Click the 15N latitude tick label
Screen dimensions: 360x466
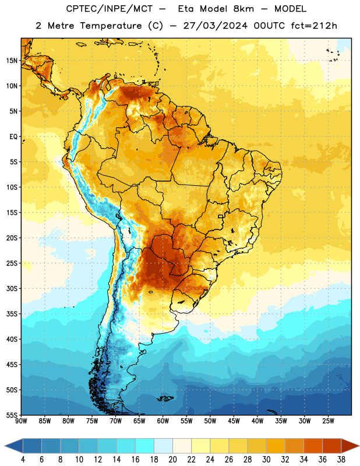12,61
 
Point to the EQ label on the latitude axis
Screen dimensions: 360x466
13,137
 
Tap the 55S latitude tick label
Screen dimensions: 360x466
12,415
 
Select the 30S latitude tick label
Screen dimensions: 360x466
12,288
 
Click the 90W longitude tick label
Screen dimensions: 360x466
21,421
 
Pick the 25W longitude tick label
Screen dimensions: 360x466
328,421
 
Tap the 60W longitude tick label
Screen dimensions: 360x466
163,421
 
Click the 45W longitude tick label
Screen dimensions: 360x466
234,421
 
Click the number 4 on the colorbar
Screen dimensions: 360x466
23,460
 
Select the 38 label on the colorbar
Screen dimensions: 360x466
341,460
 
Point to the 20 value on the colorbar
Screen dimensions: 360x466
172,460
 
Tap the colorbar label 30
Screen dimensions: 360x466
266,460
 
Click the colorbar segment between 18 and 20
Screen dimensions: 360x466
164,446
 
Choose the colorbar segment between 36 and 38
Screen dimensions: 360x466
332,446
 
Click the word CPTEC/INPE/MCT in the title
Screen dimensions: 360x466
110,9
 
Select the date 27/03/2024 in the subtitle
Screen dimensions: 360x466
215,26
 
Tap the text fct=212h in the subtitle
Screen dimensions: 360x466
314,26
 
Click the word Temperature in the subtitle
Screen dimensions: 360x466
111,26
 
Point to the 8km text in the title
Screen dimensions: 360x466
243,9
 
